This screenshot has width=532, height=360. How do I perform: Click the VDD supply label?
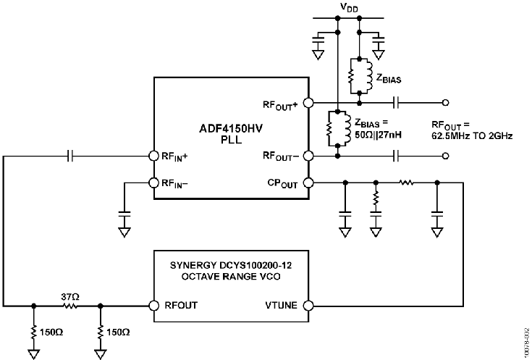pos(349,7)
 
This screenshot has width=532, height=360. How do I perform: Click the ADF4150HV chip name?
pos(231,129)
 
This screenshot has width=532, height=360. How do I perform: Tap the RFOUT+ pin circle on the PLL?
pos(308,103)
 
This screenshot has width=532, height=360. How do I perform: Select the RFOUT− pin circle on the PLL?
pos(308,156)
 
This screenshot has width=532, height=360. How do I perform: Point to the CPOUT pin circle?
pos(308,183)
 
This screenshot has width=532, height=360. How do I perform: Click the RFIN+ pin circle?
pos(154,156)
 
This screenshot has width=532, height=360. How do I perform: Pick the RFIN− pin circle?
pos(154,183)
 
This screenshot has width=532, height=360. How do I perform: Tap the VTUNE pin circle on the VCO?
pos(308,306)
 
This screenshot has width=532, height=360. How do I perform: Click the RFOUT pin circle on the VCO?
pos(154,306)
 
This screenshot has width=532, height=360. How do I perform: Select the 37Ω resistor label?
pos(70,297)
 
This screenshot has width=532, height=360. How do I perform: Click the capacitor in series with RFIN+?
pos(70,156)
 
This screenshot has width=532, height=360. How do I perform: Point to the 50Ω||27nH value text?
pos(379,135)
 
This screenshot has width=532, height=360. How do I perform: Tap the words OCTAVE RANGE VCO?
pos(231,277)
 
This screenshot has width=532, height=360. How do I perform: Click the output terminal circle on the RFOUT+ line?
pos(446,103)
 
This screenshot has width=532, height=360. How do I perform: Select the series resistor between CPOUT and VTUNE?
pos(407,183)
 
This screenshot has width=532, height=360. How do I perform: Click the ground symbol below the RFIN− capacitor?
pos(124,233)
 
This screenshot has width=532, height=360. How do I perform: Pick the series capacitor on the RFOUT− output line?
pos(396,156)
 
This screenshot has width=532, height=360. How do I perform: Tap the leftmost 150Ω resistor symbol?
pos(33,332)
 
